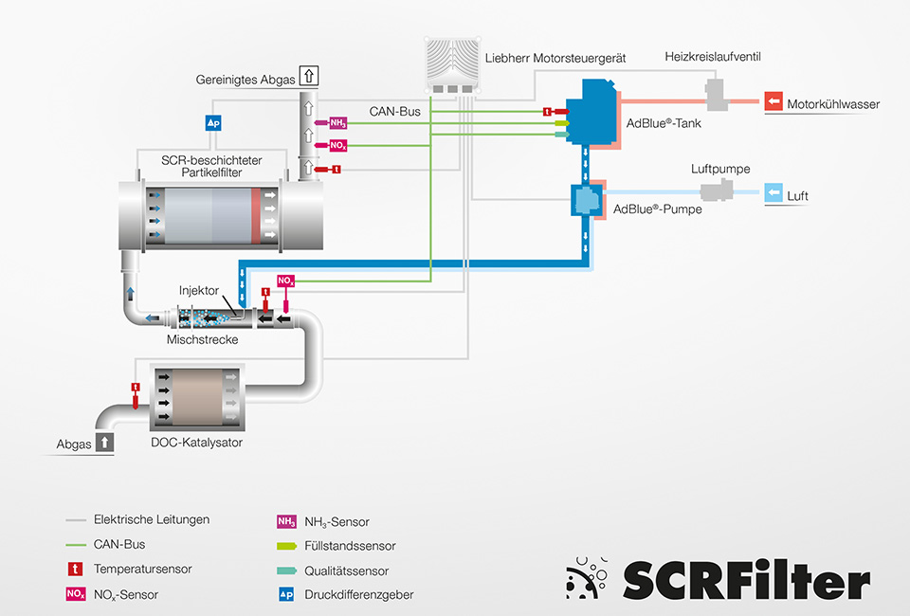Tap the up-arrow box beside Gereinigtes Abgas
pos(309,77)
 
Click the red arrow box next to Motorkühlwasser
pos(773,102)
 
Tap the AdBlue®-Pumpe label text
pos(658,208)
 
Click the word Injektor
pos(199,289)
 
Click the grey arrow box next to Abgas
pos(104,441)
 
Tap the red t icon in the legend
pos(75,570)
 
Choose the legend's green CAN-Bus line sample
pos(75,545)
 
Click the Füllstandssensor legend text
pos(350,546)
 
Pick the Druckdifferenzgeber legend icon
pos(285,595)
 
